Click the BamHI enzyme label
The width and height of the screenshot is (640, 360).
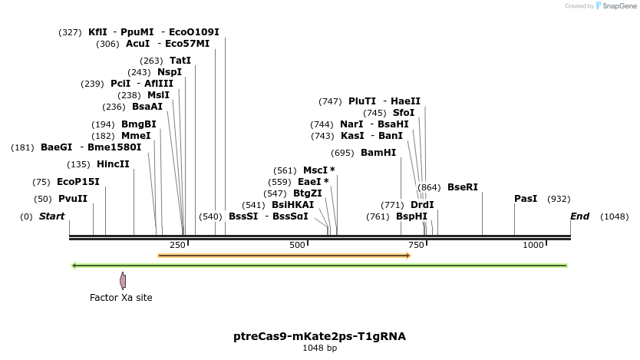tap(378, 153)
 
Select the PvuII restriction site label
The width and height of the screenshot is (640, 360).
tap(73, 199)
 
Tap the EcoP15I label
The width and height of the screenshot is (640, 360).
tap(78, 182)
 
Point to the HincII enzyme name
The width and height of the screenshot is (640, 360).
tap(113, 164)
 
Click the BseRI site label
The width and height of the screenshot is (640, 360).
tap(462, 187)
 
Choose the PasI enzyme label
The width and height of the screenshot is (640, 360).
tap(526, 199)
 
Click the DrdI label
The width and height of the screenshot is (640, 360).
tap(422, 205)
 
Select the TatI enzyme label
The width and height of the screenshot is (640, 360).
tap(180, 61)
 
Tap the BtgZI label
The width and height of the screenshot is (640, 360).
tap(307, 193)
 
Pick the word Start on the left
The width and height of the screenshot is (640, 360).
tap(51, 216)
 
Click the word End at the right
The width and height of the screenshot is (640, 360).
tap(579, 216)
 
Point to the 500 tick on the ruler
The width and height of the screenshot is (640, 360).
tap(297, 245)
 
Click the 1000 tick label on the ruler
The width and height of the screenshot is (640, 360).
tap(533, 245)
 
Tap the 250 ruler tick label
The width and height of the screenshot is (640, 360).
tap(177, 245)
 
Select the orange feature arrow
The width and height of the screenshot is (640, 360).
tap(284, 255)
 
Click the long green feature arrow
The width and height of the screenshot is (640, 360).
tap(318, 266)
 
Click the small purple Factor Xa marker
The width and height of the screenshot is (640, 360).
tap(122, 281)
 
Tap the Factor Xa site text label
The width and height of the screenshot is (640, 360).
tap(121, 298)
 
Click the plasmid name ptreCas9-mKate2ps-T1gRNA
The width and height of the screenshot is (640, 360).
tap(319, 336)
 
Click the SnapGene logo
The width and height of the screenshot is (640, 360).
tap(617, 6)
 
